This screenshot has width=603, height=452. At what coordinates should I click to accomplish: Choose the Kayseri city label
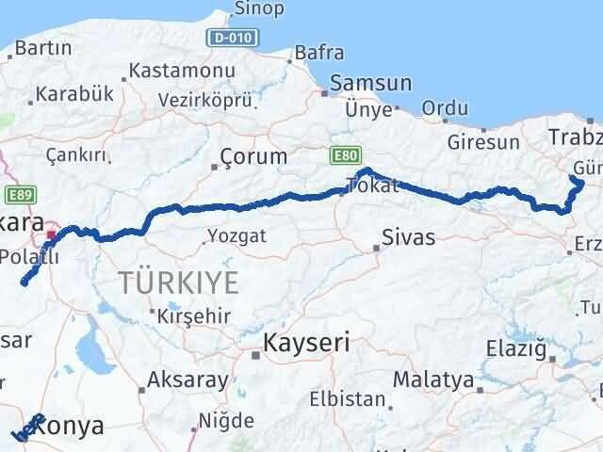pos(306,343)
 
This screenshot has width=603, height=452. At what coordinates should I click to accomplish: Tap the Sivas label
pos(409,236)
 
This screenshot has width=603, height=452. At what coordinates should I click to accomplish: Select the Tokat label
pos(373,186)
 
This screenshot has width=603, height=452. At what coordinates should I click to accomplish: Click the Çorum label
pos(253,155)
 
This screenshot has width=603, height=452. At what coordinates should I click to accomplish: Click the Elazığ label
pos(513,349)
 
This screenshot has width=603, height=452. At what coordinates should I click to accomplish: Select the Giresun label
pos(484,143)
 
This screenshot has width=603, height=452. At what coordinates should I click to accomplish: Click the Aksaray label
pos(188,381)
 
